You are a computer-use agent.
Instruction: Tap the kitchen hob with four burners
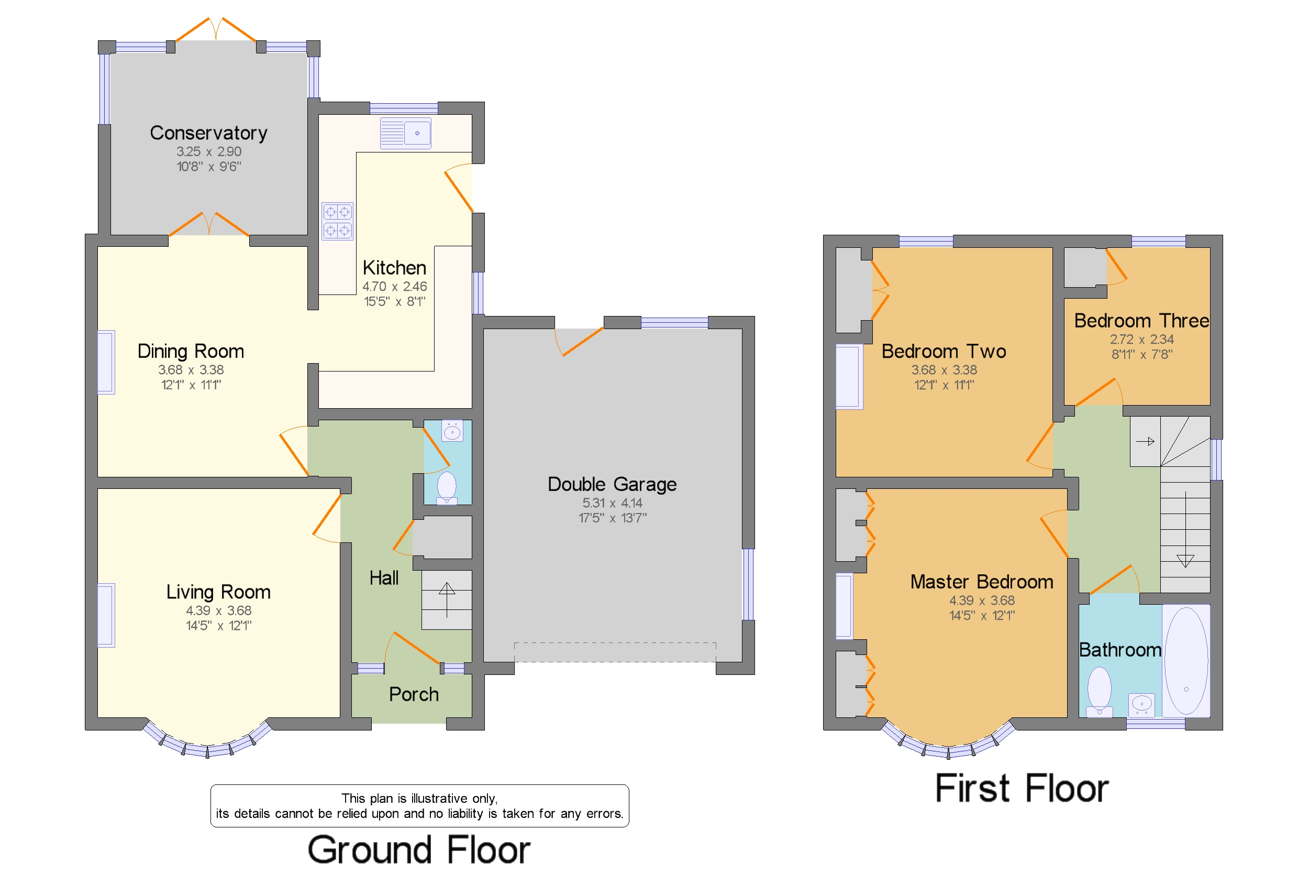click(x=337, y=221)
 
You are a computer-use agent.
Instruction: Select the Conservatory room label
click(x=208, y=133)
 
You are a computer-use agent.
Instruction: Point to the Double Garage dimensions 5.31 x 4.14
click(x=612, y=503)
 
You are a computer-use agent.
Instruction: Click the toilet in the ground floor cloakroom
click(x=447, y=487)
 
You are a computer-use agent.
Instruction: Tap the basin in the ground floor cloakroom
click(x=452, y=431)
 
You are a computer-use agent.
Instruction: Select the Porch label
click(x=413, y=694)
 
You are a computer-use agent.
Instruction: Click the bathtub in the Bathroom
click(x=1185, y=660)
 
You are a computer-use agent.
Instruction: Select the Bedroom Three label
click(x=1141, y=321)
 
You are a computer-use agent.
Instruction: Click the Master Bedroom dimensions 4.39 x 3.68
click(x=981, y=600)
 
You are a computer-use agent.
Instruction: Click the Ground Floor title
click(x=418, y=849)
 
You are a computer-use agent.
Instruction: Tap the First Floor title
click(x=1022, y=788)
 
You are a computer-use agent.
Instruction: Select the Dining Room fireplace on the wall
click(x=106, y=363)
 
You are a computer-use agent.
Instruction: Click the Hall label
click(x=384, y=578)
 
